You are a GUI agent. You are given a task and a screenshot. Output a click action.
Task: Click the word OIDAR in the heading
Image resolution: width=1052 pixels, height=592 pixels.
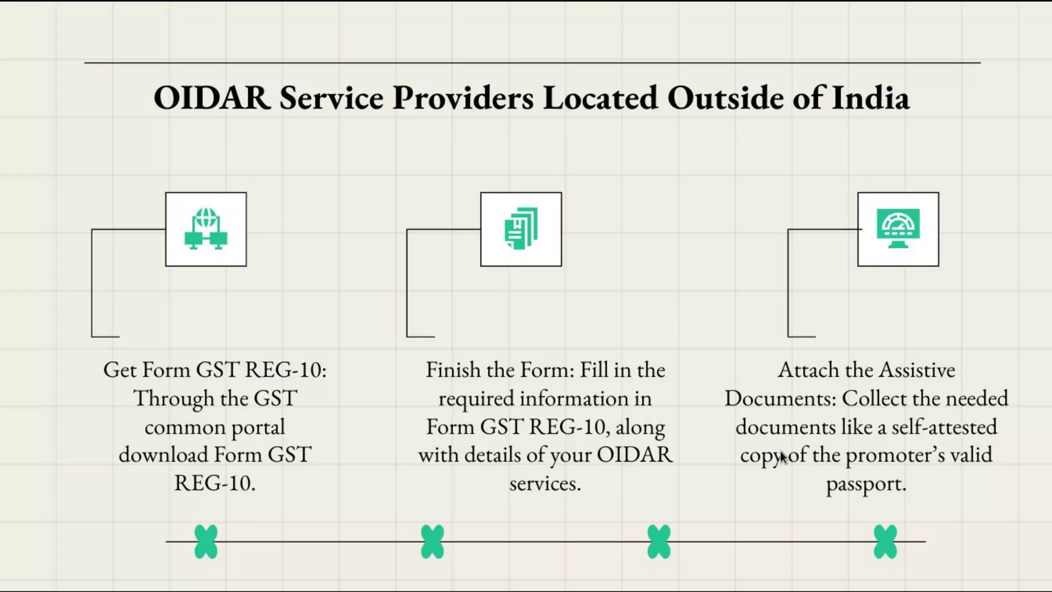pyautogui.click(x=212, y=98)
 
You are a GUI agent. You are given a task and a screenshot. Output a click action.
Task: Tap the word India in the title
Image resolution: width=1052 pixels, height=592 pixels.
pyautogui.click(x=870, y=98)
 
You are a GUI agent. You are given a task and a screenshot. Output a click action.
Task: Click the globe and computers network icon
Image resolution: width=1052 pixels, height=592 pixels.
pyautogui.click(x=206, y=229)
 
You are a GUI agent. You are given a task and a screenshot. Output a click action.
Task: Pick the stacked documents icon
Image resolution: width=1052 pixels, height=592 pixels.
pyautogui.click(x=521, y=229)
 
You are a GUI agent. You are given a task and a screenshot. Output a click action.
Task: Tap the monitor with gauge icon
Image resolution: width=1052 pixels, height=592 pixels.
pyautogui.click(x=898, y=229)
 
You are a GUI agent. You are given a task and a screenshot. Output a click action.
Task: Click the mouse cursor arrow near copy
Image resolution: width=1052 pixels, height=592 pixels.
pyautogui.click(x=783, y=457)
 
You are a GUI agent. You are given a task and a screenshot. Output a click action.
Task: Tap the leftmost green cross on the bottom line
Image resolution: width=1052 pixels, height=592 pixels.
pyautogui.click(x=206, y=542)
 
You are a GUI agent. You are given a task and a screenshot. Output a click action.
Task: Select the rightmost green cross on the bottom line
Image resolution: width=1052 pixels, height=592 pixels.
pyautogui.click(x=885, y=542)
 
